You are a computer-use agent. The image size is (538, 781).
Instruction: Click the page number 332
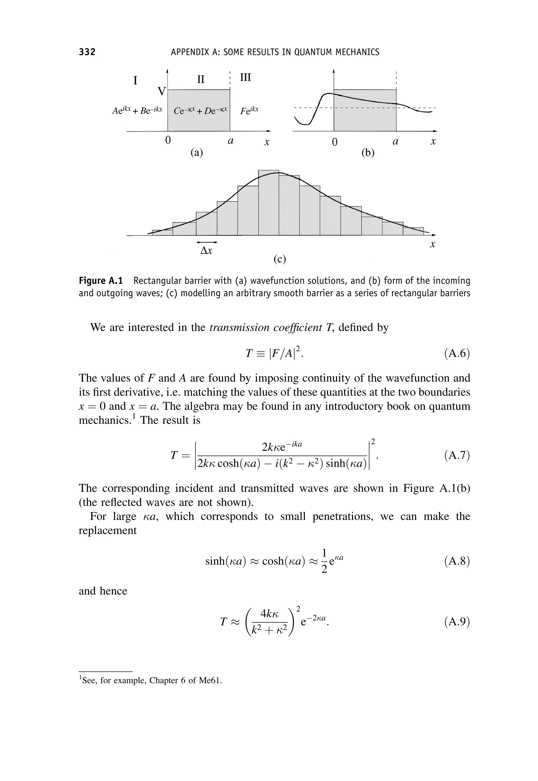87,52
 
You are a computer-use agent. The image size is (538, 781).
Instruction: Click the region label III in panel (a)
245,77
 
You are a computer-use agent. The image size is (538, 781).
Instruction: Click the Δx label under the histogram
206,251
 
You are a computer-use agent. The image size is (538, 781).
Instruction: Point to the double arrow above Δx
207,242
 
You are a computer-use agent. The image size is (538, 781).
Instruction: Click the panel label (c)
280,259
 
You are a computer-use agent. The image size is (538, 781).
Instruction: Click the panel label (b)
368,153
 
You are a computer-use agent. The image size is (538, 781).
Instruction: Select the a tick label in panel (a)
231,141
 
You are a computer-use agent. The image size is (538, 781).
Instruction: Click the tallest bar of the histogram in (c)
269,202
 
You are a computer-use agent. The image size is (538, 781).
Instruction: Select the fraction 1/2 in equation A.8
324,561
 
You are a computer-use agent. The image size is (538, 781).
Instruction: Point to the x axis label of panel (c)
432,244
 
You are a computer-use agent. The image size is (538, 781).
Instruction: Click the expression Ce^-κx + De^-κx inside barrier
201,111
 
